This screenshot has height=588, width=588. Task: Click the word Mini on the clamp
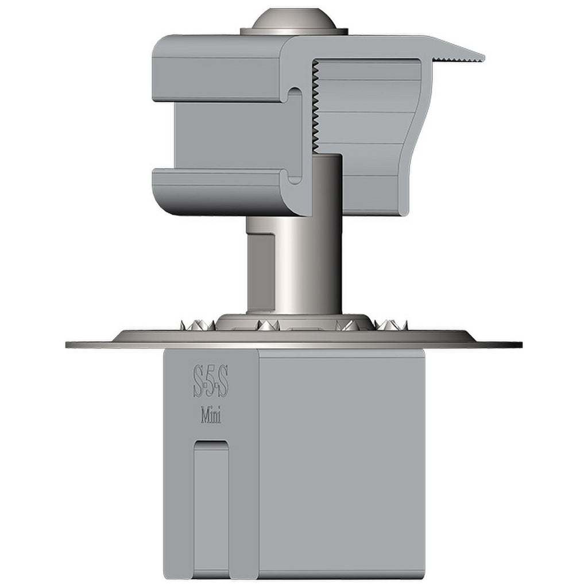pos(211,416)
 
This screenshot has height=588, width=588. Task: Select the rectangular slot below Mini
pos(211,505)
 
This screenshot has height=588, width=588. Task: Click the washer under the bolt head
pos(295,32)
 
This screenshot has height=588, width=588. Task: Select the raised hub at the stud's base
pos(295,319)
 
